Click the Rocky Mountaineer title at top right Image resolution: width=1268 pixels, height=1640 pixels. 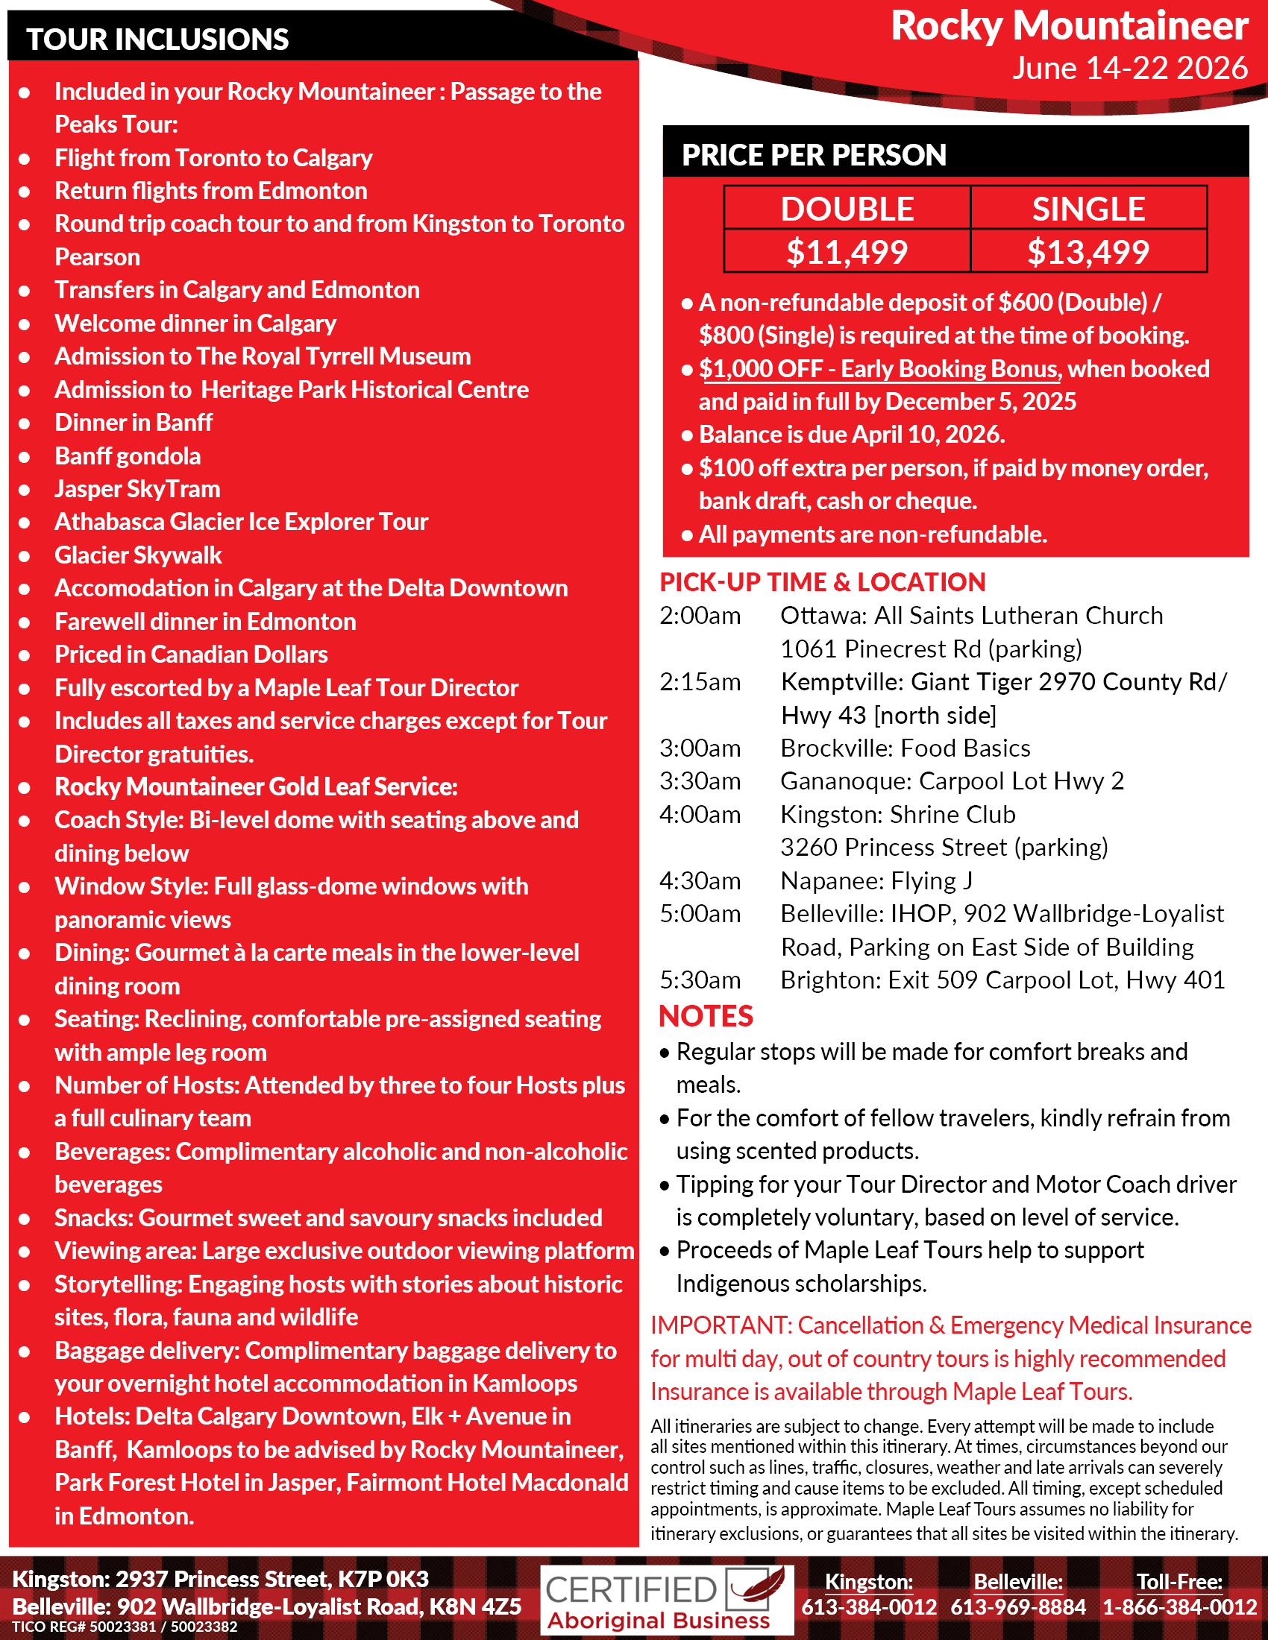pos(1069,26)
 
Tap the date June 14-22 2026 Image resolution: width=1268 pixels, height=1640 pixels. pos(1129,69)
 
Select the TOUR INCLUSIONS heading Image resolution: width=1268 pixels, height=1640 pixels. pos(157,39)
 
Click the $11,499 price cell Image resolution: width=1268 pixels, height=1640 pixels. pos(847,251)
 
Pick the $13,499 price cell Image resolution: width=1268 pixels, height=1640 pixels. pos(1087,251)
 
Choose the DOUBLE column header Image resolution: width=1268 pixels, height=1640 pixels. pos(847,209)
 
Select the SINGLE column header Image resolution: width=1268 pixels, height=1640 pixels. pos(1087,209)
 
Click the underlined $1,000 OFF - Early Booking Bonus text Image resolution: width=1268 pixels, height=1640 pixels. pos(879,369)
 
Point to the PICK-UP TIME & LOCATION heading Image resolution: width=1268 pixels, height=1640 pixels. pos(823,582)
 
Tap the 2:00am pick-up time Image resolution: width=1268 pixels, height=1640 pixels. pos(700,616)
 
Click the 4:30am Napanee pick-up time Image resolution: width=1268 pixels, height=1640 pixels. pos(700,881)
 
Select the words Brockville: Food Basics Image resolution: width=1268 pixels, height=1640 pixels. pos(906,748)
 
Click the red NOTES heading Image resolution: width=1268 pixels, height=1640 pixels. pos(706,1016)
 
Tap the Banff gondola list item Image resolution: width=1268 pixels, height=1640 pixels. pos(128,455)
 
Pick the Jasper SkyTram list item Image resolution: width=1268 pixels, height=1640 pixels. pos(137,489)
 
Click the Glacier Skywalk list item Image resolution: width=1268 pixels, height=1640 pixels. pos(138,555)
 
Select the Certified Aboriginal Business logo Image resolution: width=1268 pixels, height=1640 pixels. pos(666,1600)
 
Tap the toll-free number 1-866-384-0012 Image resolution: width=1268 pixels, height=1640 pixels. pos(1179,1607)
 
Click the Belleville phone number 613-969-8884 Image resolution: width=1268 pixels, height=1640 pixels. pos(1018,1607)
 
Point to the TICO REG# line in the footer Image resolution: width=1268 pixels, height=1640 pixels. pos(125,1627)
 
